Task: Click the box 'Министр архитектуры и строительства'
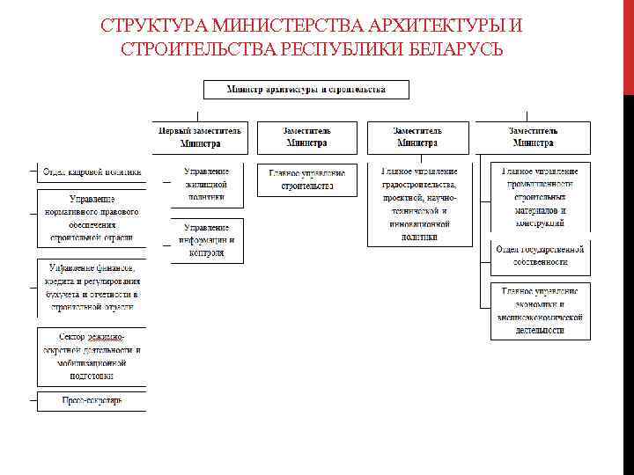click(306, 90)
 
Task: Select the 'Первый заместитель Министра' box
click(200, 137)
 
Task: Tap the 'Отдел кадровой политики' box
click(92, 172)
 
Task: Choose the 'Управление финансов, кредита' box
click(92, 287)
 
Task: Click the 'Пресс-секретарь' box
click(92, 401)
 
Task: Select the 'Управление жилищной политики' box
click(206, 185)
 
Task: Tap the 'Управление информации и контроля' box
click(206, 240)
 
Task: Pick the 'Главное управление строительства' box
click(306, 179)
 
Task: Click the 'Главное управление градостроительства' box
click(419, 203)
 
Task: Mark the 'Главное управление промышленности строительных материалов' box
click(540, 197)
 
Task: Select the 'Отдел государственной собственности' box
click(540, 256)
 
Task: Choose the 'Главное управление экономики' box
click(540, 311)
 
